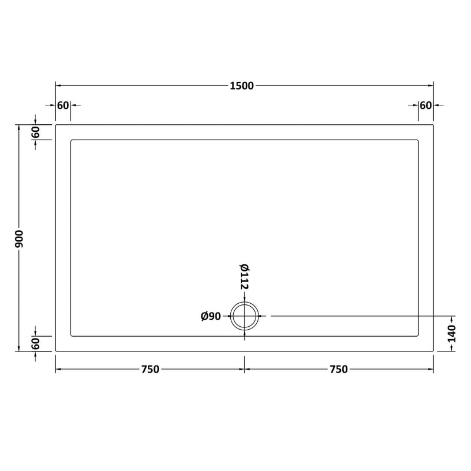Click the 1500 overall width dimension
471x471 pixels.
tap(242, 86)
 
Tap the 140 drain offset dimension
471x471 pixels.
tap(452, 333)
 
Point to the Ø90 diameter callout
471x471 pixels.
tap(210, 317)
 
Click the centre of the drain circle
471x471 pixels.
tap(244, 317)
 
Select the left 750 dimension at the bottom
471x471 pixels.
tap(150, 370)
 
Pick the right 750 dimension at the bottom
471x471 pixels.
tap(339, 370)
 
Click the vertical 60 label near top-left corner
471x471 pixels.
tap(35, 133)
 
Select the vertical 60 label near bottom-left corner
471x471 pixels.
tap(35, 343)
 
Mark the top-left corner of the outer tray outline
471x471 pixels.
tap(56, 125)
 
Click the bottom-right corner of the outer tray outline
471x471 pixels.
tap(433, 351)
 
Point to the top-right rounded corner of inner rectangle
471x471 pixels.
tap(417, 141)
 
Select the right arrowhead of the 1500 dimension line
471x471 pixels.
tap(431, 86)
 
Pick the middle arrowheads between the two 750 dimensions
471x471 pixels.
tap(244, 370)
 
